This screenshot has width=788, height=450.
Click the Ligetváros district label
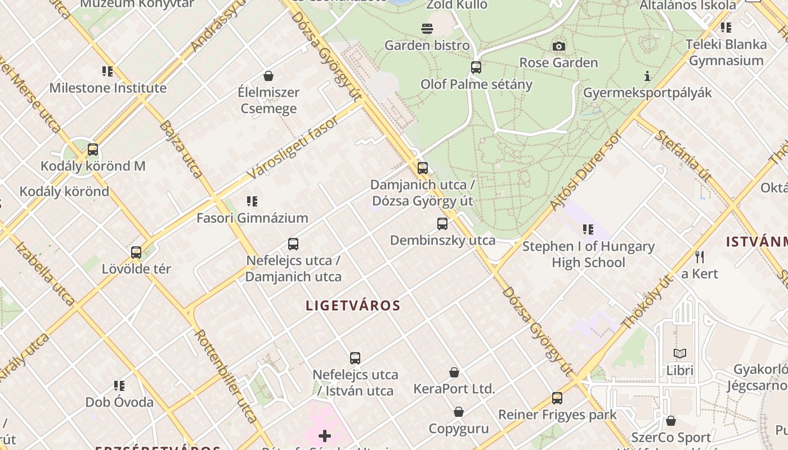(353, 306)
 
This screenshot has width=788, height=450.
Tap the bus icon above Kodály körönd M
(93, 150)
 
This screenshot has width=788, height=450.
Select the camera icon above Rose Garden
(558, 46)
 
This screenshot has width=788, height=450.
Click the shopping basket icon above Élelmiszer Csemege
(268, 76)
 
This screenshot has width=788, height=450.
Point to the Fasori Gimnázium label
(252, 218)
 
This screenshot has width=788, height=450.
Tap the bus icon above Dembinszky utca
(442, 224)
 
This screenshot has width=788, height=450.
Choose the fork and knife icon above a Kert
(700, 257)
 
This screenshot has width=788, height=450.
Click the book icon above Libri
(680, 354)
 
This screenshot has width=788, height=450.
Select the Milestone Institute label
(108, 88)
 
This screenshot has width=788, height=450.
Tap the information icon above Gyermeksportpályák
(647, 76)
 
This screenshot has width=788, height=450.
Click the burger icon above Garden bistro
(427, 29)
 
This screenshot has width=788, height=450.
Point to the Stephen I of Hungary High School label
(588, 254)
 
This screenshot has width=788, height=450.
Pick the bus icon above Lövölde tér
(136, 253)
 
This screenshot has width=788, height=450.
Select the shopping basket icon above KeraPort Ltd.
(454, 372)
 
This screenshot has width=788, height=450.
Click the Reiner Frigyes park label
(557, 415)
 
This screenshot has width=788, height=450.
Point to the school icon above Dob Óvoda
(119, 386)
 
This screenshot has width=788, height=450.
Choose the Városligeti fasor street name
(293, 148)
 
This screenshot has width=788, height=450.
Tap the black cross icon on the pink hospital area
(325, 435)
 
